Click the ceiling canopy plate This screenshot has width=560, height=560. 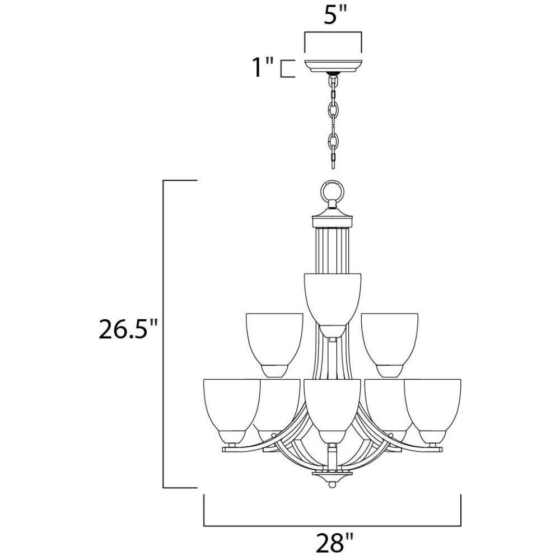point(333,66)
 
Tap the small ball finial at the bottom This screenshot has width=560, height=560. point(332,485)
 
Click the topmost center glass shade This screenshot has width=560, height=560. point(332,305)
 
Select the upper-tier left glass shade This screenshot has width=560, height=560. point(274,345)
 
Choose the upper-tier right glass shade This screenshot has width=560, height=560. point(390,345)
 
